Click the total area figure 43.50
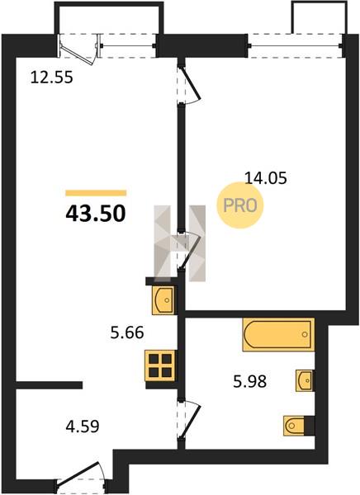coord(96,214)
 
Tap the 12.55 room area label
coord(51,78)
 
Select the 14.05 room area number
coord(266,178)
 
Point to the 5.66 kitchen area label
coord(127,332)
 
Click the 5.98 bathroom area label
coord(249,381)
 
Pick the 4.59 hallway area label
coord(83,427)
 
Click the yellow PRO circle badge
coord(240,205)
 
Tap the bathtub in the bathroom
coord(278,335)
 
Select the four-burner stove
coord(160,365)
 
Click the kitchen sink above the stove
coord(163,300)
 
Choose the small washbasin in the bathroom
coord(305,380)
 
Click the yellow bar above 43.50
coord(96,193)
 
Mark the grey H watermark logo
coord(179,243)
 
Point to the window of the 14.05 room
coord(296,45)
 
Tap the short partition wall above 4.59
coord(49,384)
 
